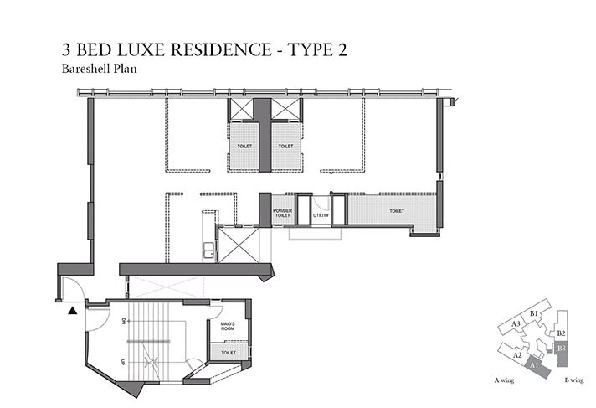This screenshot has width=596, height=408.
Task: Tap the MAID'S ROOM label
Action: click(x=228, y=325)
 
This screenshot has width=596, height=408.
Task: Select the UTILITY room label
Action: click(x=321, y=216)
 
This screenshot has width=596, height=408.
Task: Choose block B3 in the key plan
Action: click(x=562, y=347)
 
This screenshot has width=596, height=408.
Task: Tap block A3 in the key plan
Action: click(x=516, y=323)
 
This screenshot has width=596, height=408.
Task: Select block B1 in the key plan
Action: click(x=534, y=312)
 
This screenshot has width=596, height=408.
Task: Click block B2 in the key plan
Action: click(x=561, y=333)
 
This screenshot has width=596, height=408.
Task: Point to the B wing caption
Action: click(x=573, y=380)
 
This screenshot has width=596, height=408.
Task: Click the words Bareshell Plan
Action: click(x=98, y=70)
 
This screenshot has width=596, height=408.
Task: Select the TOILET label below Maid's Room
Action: click(x=229, y=353)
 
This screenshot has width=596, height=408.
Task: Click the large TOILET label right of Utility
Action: click(x=397, y=211)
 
